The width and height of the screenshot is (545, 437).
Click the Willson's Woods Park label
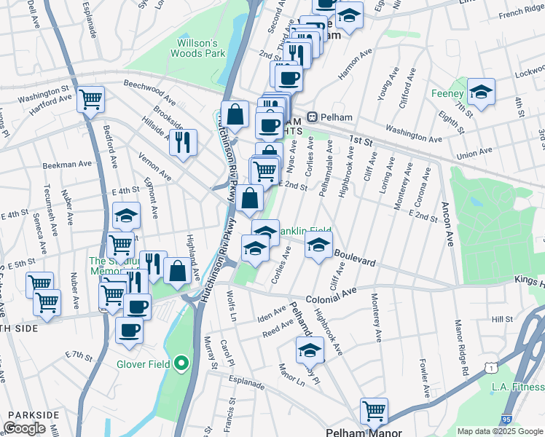tap(198, 48)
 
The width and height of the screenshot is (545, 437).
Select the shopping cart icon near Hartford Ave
tap(90, 99)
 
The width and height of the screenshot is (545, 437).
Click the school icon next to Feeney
tap(481, 92)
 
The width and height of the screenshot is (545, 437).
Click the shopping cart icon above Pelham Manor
tap(374, 410)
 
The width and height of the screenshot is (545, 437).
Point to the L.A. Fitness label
tap(517, 387)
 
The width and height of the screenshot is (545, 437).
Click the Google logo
tap(24, 428)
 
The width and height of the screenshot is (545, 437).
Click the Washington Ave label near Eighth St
tap(414, 135)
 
